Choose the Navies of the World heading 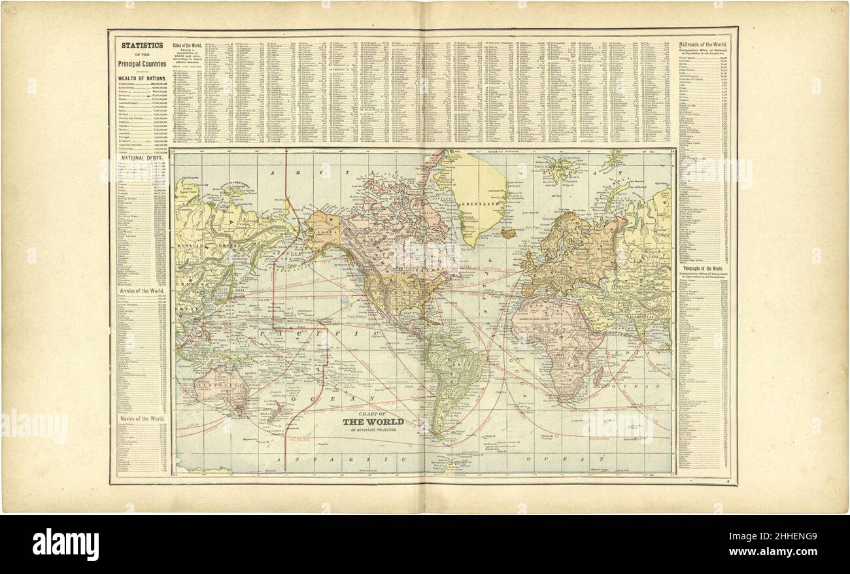click(x=141, y=418)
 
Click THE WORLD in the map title click(x=373, y=422)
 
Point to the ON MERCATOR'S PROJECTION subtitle click(x=373, y=430)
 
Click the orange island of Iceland click(x=507, y=232)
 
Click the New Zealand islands click(x=275, y=411)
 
